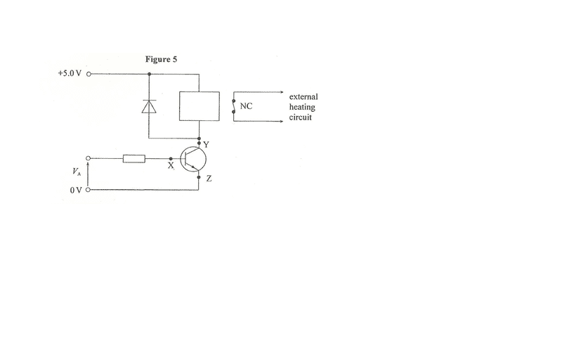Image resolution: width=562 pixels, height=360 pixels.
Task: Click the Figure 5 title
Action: (x=161, y=59)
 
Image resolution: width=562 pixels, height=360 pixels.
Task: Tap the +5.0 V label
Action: (x=70, y=73)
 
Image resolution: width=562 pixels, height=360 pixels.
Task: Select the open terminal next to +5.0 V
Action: (x=89, y=75)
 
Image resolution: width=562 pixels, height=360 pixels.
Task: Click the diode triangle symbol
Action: (x=149, y=106)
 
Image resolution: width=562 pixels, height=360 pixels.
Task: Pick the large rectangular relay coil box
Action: (x=200, y=106)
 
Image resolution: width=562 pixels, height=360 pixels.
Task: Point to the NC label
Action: (x=246, y=106)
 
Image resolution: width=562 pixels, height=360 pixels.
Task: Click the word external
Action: (x=303, y=97)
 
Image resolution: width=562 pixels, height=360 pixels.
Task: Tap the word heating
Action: (x=302, y=107)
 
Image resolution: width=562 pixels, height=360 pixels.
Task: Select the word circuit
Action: (x=301, y=117)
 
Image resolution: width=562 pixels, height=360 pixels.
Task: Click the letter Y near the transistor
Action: (x=206, y=145)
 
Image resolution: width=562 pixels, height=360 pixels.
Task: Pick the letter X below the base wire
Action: (x=171, y=166)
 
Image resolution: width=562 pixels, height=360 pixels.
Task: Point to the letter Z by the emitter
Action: (x=209, y=178)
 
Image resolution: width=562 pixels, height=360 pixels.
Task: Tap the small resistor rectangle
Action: (x=134, y=158)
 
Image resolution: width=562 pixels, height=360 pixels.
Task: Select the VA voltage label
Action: (x=77, y=172)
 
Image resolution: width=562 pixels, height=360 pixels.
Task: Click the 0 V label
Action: (x=76, y=190)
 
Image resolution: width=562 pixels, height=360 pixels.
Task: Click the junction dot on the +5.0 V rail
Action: (x=149, y=75)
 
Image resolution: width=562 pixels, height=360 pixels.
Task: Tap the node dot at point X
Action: (x=171, y=158)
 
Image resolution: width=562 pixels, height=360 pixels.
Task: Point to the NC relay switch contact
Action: (x=234, y=106)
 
